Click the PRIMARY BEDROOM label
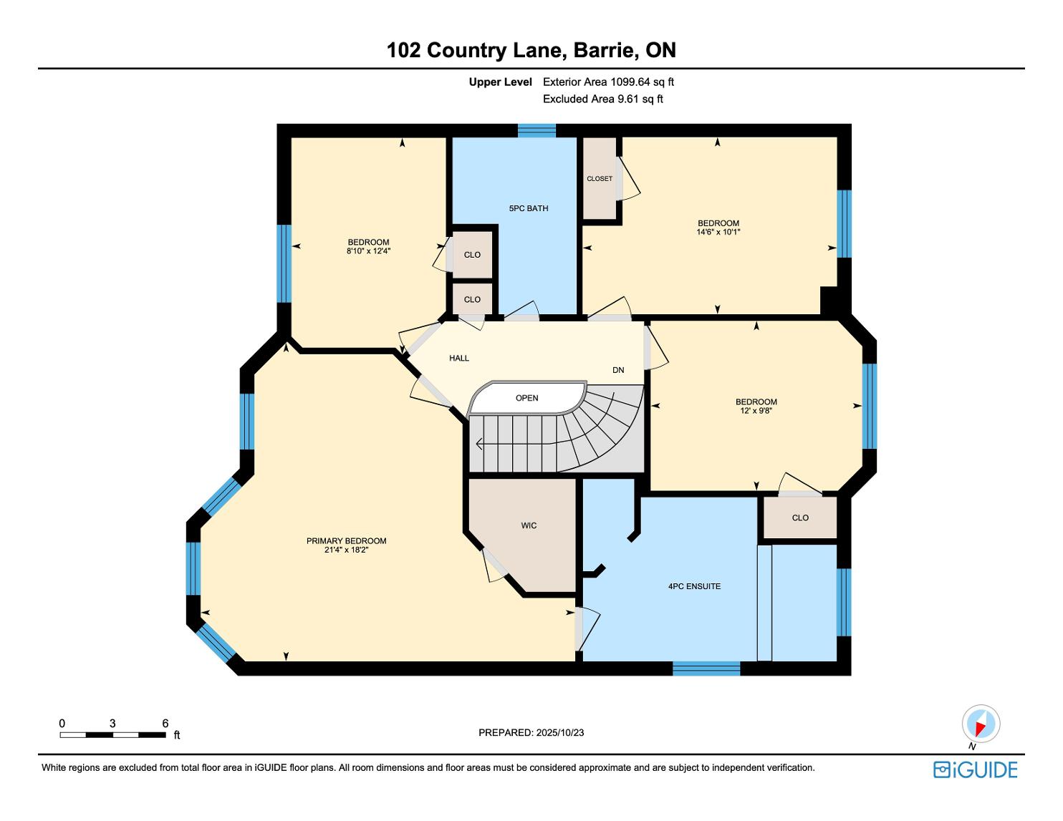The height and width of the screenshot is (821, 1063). (x=347, y=541)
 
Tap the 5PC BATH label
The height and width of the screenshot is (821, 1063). (x=529, y=208)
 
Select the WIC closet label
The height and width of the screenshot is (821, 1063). (x=529, y=525)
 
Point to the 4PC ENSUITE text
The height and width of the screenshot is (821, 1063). (x=694, y=586)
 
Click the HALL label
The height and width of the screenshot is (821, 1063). (x=459, y=358)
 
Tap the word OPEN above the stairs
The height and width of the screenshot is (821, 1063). (x=527, y=398)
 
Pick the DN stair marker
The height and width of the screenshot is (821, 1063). (x=618, y=370)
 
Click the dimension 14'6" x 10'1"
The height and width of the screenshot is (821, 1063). (x=718, y=232)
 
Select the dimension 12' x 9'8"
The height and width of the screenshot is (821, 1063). (x=756, y=411)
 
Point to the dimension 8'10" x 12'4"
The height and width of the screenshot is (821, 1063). (x=368, y=251)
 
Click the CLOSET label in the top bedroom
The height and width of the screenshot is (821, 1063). (x=600, y=179)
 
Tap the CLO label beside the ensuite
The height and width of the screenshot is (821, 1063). (x=800, y=518)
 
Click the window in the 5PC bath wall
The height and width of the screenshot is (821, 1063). (x=537, y=130)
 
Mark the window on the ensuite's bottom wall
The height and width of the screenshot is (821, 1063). (x=706, y=669)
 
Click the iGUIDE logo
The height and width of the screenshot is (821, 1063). (x=975, y=769)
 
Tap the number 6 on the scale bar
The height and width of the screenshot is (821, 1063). (x=165, y=723)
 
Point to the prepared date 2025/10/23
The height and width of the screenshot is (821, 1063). (x=560, y=732)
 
